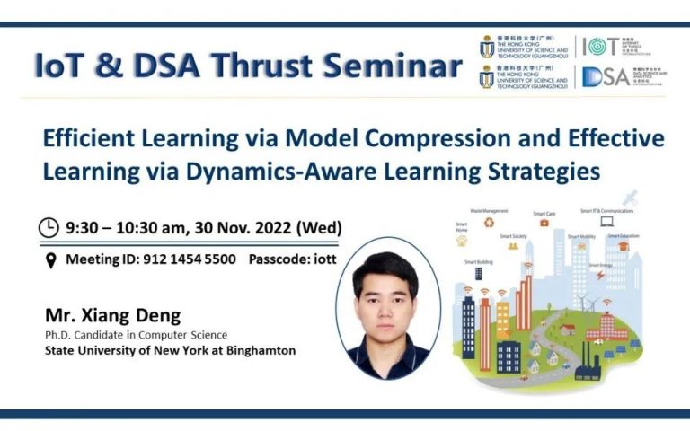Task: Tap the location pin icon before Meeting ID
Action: [51, 259]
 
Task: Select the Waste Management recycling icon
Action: [490, 223]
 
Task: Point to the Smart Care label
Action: [544, 214]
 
